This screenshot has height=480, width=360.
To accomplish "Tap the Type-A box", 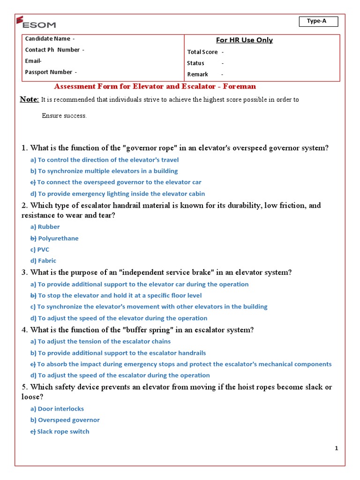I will click(316, 21).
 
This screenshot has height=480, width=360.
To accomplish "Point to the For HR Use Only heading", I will click(244, 40).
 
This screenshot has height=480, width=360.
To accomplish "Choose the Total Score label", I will click(203, 52).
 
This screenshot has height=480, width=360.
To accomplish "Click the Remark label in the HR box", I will click(198, 75).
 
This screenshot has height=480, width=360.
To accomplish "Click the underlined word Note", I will click(29, 99).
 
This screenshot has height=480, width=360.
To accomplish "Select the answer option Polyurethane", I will click(58, 238).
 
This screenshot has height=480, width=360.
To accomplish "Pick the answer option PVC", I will click(43, 249).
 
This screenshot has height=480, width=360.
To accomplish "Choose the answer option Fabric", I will click(47, 261).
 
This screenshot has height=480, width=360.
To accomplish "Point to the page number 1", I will click(336, 449).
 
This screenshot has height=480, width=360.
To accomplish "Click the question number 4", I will click(24, 330).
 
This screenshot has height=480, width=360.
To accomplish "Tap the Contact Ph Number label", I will click(54, 50).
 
